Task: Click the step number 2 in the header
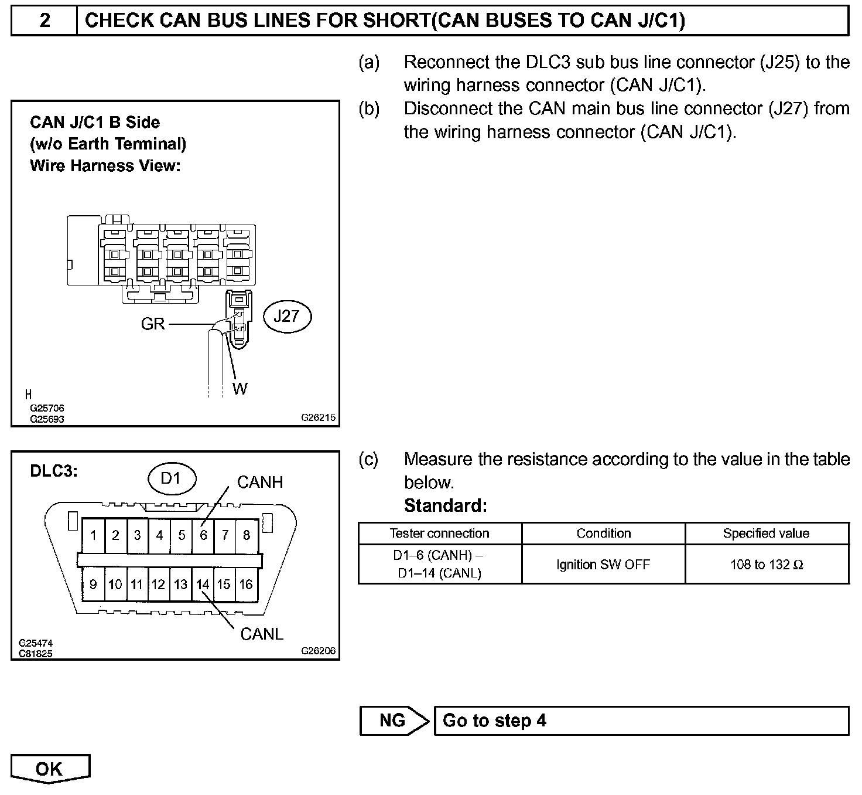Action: coord(45,21)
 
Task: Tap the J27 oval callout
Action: coord(286,317)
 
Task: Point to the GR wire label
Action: coord(153,324)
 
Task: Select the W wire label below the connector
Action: coord(240,389)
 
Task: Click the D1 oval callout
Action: coord(171,478)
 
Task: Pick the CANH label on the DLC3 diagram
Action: coord(260,483)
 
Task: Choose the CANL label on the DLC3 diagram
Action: coord(262,634)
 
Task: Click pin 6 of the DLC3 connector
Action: coord(203,535)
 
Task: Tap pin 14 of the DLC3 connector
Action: coord(203,585)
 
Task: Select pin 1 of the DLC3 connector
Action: coord(94,535)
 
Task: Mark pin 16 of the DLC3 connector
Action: coord(246,585)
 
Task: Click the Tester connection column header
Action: coord(439,534)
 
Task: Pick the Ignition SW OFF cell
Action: coord(603,565)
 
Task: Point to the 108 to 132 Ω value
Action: coord(767,565)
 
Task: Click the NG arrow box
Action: coord(394,721)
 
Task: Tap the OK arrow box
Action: coord(50,769)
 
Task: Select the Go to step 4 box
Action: coord(641,721)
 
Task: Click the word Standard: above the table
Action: coord(445,505)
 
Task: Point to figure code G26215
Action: coord(319,418)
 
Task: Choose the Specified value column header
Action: coord(766,534)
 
